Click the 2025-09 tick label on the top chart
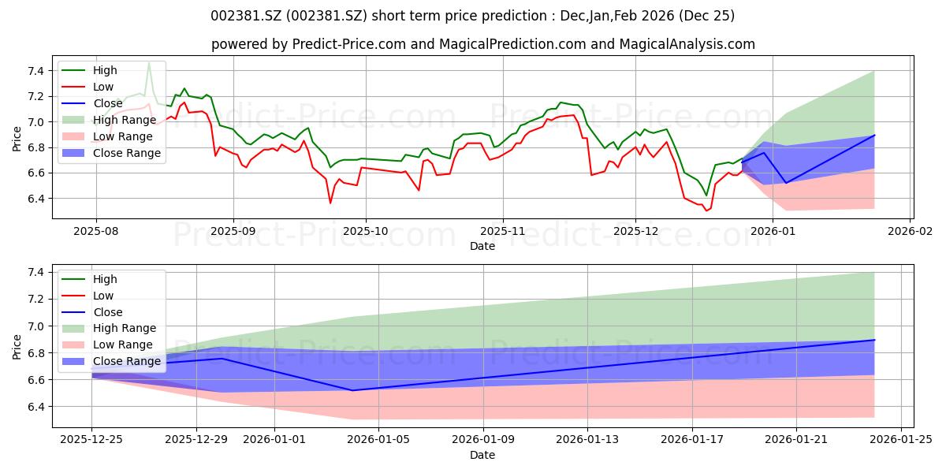(x=233, y=232)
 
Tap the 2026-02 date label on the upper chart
(x=910, y=232)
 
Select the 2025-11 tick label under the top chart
(x=503, y=232)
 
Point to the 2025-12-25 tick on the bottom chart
(x=91, y=440)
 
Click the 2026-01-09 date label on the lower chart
(x=483, y=440)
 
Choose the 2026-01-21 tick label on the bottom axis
(x=796, y=440)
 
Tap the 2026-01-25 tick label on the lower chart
(x=901, y=440)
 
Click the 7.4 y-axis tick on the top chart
(x=36, y=71)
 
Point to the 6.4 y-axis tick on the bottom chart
(x=36, y=407)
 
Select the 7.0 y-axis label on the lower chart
(x=36, y=326)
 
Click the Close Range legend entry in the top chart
(x=111, y=153)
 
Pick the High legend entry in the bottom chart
(x=90, y=279)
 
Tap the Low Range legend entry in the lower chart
(x=107, y=345)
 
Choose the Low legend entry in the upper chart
(x=88, y=87)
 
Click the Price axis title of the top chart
(x=17, y=139)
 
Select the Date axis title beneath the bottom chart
(x=482, y=455)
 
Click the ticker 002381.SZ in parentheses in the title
(x=326, y=16)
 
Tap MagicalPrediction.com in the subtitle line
(x=512, y=44)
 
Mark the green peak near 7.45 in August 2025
(x=149, y=63)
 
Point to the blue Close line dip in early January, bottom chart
(x=352, y=390)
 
